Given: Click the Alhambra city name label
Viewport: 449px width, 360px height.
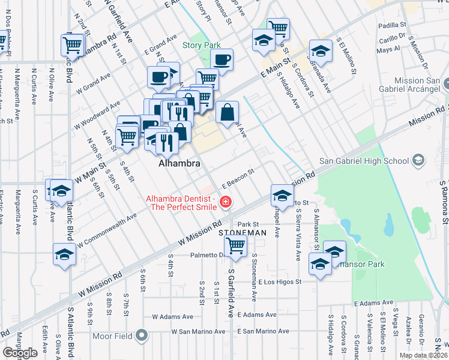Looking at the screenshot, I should [178, 163].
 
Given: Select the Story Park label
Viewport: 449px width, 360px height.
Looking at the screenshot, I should [202, 45].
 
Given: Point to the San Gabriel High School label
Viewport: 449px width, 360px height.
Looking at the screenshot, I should [363, 160].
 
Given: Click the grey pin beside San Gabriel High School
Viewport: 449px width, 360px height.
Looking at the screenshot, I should [418, 160].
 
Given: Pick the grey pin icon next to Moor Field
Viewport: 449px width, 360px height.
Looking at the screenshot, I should [142, 335].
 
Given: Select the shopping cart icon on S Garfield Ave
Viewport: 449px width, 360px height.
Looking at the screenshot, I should [236, 245].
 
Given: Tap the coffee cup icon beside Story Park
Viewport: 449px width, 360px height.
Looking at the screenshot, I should [221, 60].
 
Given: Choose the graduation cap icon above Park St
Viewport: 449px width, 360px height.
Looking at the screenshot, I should [282, 195].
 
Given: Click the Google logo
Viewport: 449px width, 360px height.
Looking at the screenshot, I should [20, 353].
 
